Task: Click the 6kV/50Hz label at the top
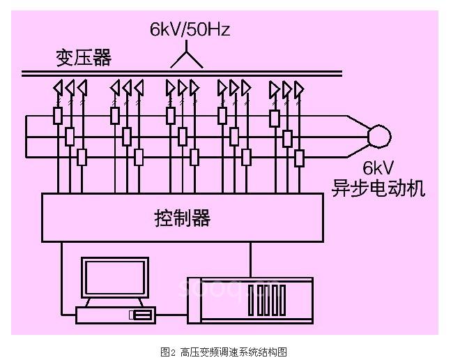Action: pyautogui.click(x=190, y=29)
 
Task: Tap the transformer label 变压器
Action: pyautogui.click(x=83, y=57)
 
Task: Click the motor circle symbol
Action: pyautogui.click(x=379, y=135)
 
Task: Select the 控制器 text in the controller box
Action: pyautogui.click(x=182, y=218)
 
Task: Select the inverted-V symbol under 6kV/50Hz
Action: pyautogui.click(x=188, y=59)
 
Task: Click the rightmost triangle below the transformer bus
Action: pyautogui.click(x=299, y=89)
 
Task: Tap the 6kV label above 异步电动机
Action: pyautogui.click(x=378, y=169)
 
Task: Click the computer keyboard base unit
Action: pyautogui.click(x=115, y=315)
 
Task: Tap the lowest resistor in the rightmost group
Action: pyautogui.click(x=299, y=158)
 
